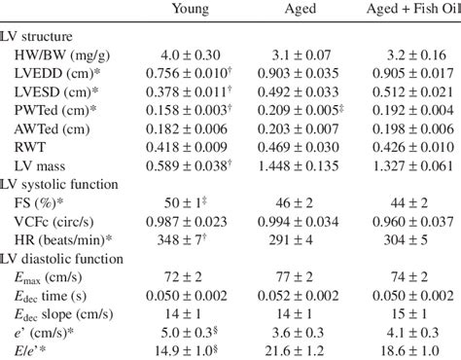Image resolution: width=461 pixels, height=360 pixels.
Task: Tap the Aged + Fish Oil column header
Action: tap(408, 11)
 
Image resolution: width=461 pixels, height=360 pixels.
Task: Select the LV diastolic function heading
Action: tap(67, 260)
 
